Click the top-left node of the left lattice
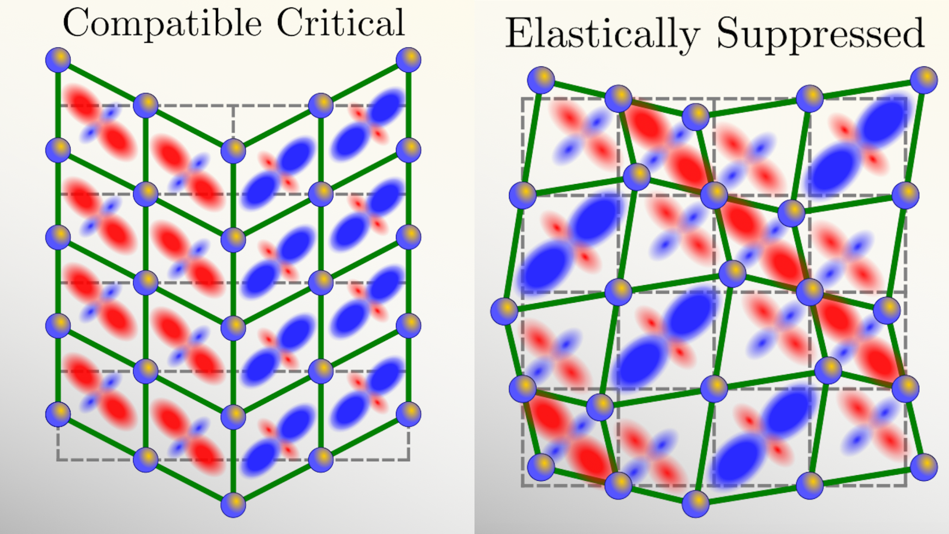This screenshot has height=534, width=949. [x=58, y=60]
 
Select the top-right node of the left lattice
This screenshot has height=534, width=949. [x=408, y=60]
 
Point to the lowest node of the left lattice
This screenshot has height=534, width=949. [x=233, y=505]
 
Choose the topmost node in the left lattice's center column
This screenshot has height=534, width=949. [x=233, y=151]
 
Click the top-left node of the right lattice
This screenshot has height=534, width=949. [x=541, y=80]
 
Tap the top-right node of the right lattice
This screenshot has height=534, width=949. [x=924, y=80]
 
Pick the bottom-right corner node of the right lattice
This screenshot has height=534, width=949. [x=924, y=467]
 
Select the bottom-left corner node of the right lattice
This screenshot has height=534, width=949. [x=541, y=467]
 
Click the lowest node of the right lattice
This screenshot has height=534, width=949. [x=696, y=504]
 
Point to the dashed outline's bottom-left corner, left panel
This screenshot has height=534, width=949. [x=58, y=460]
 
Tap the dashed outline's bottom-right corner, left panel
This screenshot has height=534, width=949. [x=409, y=460]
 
